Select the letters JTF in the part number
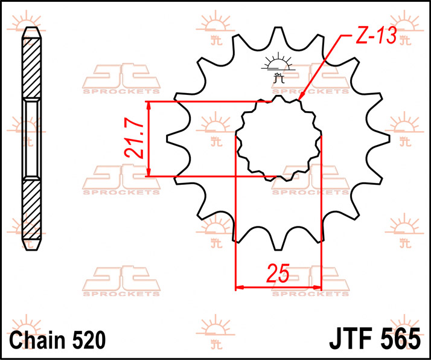point(353,338)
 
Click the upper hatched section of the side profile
point(33,69)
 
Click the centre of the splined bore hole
point(278,139)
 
